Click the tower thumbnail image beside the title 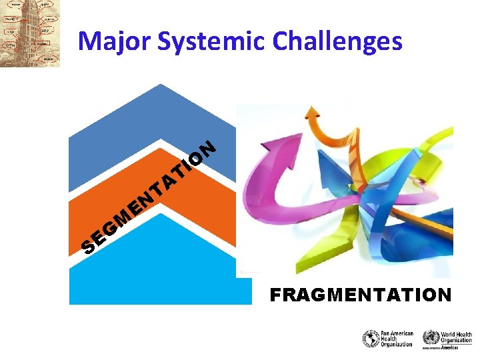(30, 33)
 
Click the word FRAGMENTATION (361, 295)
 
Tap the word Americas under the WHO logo (459, 347)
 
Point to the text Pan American (397, 333)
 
